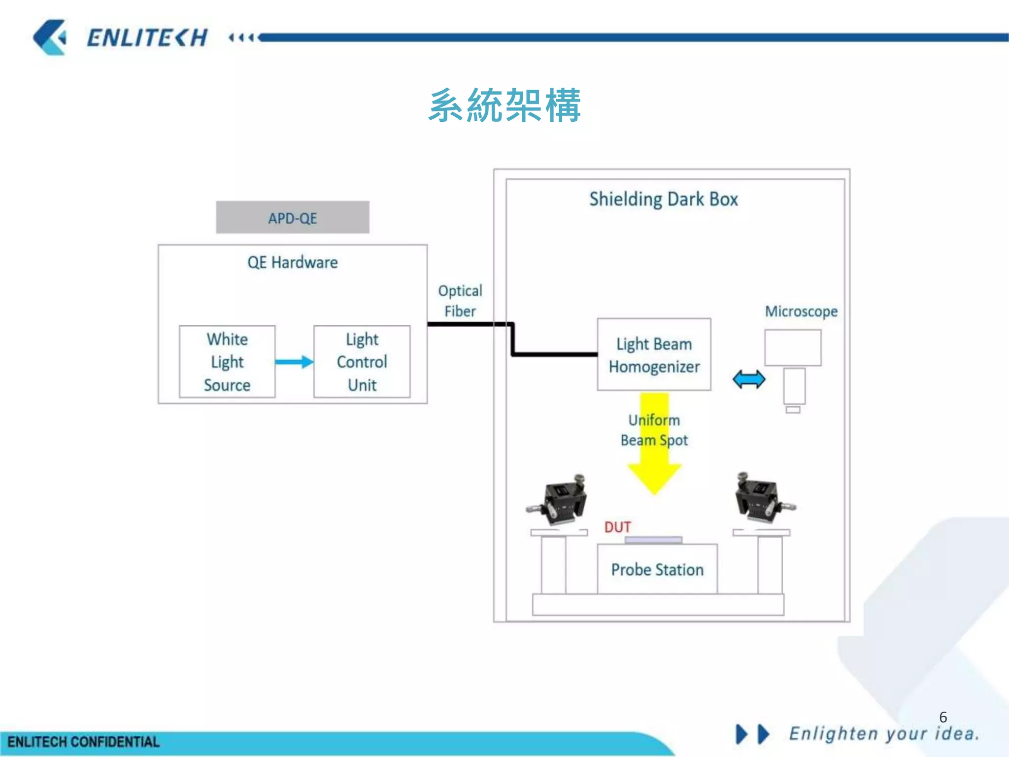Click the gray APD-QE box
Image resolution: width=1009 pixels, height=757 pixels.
pos(292,217)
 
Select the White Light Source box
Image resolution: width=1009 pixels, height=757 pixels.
pos(227,362)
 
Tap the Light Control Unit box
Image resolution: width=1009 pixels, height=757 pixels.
pos(362,362)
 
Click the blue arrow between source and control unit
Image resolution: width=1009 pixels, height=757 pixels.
pos(294,362)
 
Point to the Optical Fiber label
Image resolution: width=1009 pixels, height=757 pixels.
pos(460,301)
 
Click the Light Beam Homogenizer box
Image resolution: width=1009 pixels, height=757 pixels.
pos(654,355)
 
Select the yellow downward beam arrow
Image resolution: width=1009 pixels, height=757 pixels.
pos(654,468)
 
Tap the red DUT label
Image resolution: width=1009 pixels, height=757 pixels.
pos(617,527)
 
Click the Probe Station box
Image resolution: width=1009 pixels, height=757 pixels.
pos(657,570)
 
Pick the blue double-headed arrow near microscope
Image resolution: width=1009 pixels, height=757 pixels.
pos(748,379)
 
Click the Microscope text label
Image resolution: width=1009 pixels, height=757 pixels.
pos(801,311)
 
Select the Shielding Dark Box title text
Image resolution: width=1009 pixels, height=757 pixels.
pos(663,199)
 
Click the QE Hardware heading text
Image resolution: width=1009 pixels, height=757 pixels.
pos(292,262)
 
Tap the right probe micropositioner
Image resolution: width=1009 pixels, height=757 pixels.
pos(761,498)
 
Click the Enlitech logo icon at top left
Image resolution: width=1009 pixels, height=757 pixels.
pos(50,37)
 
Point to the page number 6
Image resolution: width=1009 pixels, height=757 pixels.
pos(942,717)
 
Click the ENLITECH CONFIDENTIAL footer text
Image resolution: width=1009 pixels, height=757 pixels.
pos(83,742)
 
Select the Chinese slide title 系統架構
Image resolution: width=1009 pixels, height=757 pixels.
pos(504,105)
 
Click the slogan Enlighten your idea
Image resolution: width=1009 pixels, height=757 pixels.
pos(884,734)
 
